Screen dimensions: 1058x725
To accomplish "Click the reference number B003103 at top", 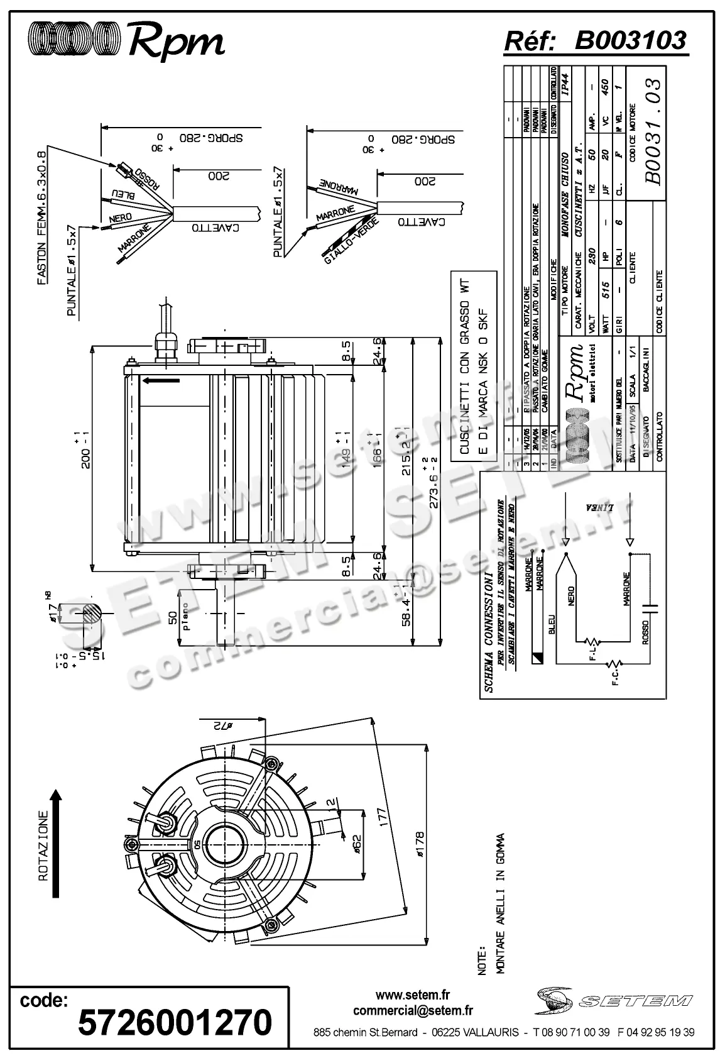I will tap(630, 40).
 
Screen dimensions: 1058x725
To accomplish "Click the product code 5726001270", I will tap(175, 1022).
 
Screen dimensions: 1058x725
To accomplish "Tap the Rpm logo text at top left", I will tap(176, 43).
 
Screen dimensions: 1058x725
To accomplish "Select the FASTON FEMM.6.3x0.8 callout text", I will tap(42, 218).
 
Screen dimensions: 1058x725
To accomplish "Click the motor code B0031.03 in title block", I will tap(653, 131).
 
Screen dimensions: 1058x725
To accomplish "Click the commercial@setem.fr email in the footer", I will tap(413, 1010).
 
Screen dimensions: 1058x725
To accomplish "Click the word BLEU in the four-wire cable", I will tap(123, 195).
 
